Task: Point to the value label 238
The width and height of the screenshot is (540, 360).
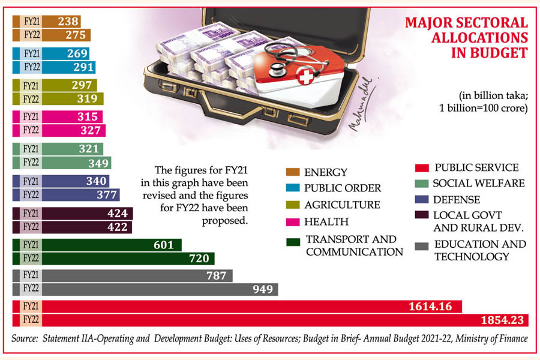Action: [x=68, y=21]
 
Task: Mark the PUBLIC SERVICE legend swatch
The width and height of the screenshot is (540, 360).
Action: [x=421, y=167]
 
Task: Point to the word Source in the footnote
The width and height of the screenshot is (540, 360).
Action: [x=26, y=339]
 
